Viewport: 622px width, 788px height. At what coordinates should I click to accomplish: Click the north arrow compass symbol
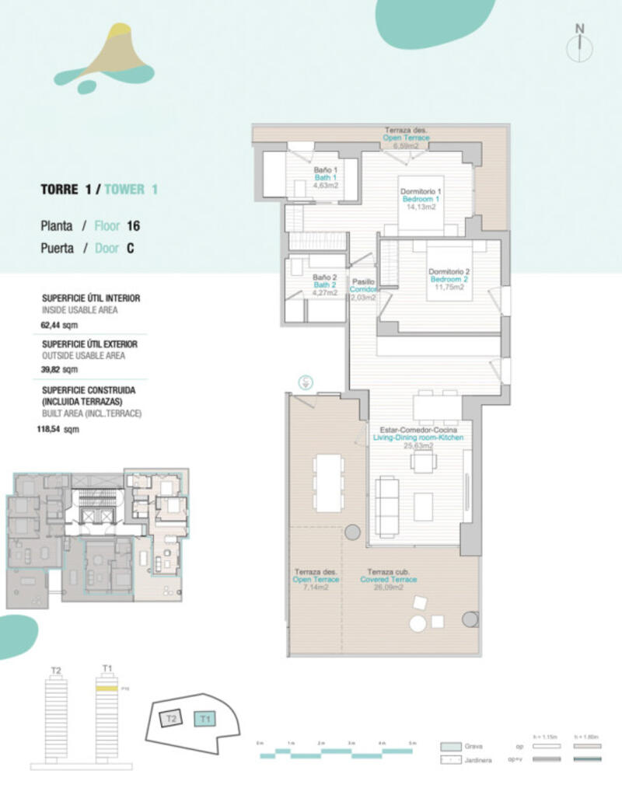tap(578, 42)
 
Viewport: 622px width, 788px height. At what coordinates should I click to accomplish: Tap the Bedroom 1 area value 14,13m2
tap(421, 206)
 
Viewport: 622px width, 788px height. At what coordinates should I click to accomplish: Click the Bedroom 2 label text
tap(449, 280)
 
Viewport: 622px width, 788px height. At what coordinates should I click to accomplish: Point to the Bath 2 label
tap(324, 284)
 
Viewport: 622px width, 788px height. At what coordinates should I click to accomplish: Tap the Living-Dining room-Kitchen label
tap(418, 438)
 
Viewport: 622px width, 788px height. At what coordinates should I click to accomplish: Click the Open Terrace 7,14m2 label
tap(316, 580)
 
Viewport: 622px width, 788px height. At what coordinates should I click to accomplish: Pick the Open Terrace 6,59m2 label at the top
tap(405, 138)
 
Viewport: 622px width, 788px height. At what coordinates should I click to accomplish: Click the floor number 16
tap(132, 226)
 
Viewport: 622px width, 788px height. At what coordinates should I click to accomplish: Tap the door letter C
tap(130, 249)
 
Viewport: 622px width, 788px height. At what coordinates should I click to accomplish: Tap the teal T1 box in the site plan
tap(205, 719)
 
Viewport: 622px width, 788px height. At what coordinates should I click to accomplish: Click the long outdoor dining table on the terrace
tap(329, 483)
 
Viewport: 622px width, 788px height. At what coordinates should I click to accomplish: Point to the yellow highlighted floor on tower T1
tap(106, 689)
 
